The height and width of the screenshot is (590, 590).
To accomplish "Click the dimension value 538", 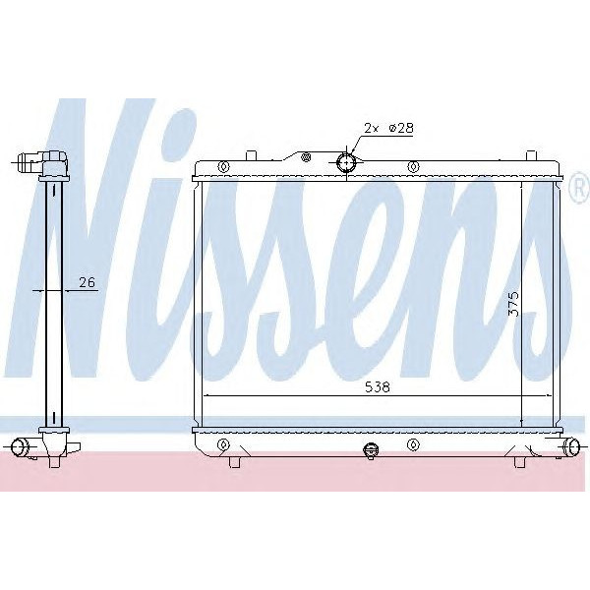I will coord(377,387).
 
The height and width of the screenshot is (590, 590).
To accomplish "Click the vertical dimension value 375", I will coord(511,302).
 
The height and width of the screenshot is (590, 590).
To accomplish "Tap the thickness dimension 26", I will coord(87,283).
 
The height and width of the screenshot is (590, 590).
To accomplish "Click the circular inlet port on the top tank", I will coord(346,162).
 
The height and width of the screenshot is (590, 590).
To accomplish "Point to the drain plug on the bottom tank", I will coord(371,451).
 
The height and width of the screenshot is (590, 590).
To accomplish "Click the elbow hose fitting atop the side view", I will coord(45,161).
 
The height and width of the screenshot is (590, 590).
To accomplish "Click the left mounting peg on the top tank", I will coord(251,153).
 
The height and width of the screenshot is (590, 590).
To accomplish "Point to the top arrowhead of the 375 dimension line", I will coord(522,183).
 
